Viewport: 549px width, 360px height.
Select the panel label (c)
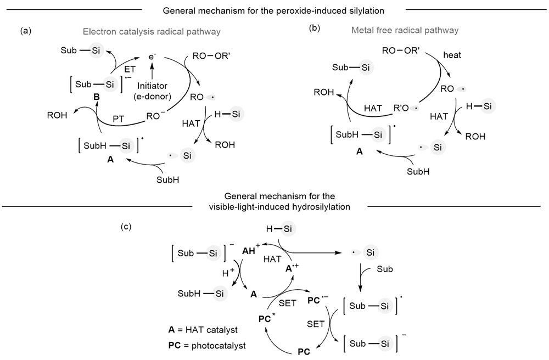tap(126, 227)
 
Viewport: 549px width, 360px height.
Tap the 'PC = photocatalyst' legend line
tap(205, 346)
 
